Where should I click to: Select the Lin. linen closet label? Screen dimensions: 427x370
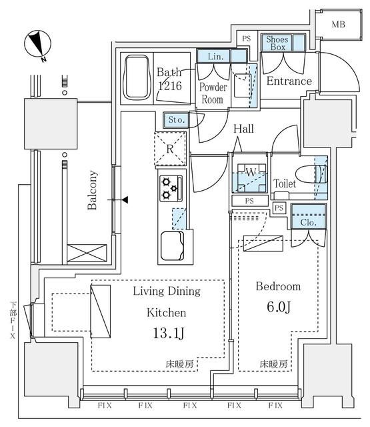tap(213, 56)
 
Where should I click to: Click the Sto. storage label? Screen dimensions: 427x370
tap(175, 120)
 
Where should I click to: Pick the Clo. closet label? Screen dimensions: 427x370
tap(308, 223)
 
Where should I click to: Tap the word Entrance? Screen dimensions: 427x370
tap(289, 81)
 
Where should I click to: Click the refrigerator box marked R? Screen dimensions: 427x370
tap(170, 148)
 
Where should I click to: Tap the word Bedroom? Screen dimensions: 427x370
tap(278, 286)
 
